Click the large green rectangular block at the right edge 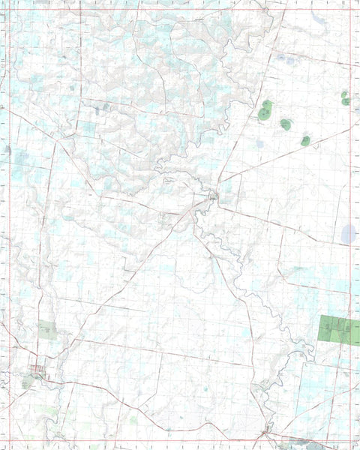[338, 330]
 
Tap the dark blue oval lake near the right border [349, 234]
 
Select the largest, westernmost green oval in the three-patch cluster [266, 111]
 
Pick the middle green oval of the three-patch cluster [286, 124]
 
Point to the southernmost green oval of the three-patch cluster [305, 140]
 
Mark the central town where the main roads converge [213, 196]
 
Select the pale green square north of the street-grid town [47, 330]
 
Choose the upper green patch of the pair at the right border [344, 94]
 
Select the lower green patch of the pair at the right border [346, 101]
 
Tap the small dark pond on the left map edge [8, 150]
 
